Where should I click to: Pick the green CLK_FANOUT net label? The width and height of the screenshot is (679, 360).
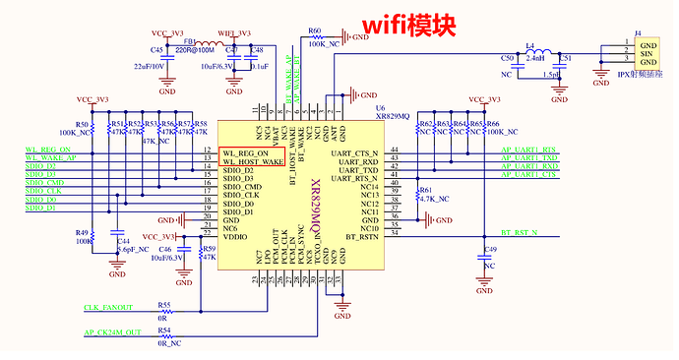click(x=109, y=308)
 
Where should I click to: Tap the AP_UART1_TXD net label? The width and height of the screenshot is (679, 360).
click(x=529, y=158)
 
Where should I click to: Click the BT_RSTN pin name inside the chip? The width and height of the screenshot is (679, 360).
click(x=361, y=237)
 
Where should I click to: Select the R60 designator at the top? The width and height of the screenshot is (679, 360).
click(x=314, y=31)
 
